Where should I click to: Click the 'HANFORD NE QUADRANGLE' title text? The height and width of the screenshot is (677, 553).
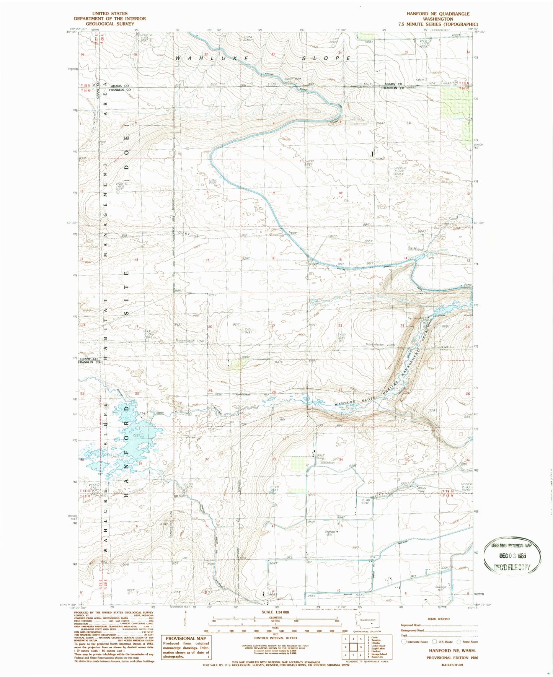click(438, 13)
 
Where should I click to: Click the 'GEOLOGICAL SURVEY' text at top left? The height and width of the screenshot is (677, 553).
click(110, 23)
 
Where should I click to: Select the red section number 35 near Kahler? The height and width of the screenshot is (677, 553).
click(406, 52)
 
